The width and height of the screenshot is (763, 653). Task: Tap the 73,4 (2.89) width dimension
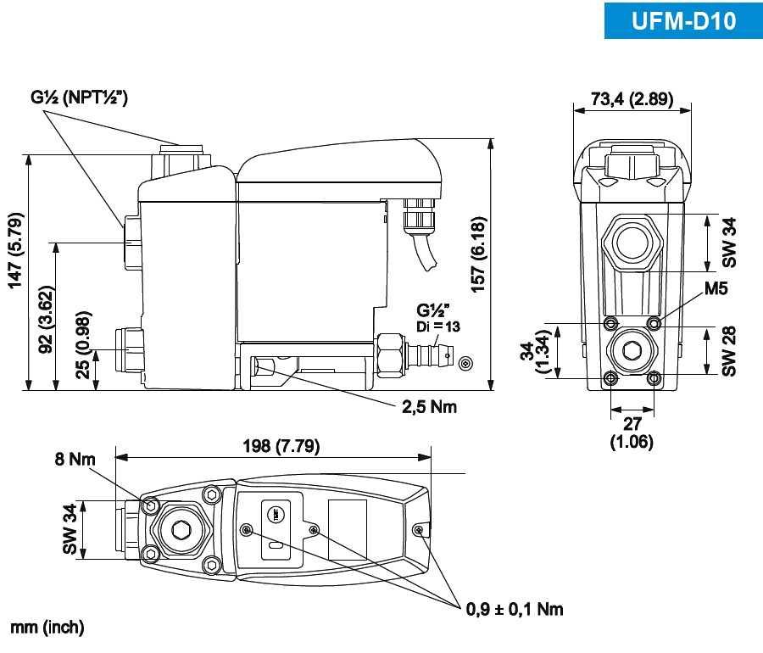coord(632,99)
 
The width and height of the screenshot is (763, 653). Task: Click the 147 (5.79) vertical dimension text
coord(16,250)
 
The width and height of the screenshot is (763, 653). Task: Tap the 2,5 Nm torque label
coord(429,407)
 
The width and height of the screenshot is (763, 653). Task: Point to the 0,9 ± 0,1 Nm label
coord(515,609)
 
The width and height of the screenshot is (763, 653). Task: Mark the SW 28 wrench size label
coord(730,349)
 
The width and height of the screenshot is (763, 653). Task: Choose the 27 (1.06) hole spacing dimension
coord(632,433)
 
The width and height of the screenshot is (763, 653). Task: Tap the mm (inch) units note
coord(47,628)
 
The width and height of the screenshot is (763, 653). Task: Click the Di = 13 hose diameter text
coord(437,328)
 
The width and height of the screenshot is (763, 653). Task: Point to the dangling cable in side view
coord(423,250)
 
